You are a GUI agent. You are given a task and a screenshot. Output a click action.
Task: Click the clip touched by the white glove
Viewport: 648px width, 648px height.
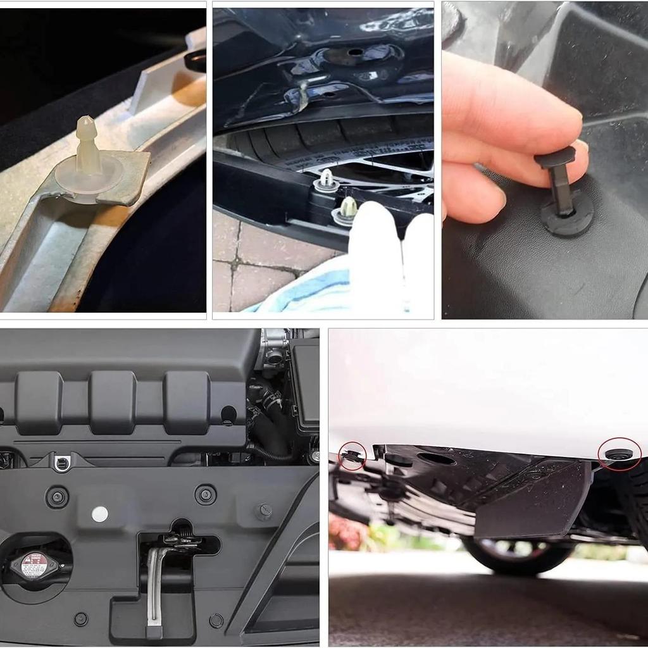[x=348, y=208]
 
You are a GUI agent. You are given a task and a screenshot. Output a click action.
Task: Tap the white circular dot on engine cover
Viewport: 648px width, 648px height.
[x=100, y=514]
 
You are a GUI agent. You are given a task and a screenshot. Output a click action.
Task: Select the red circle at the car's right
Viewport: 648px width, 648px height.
[x=620, y=453]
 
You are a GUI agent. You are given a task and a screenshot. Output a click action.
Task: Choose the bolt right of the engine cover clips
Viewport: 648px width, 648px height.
[x=263, y=510]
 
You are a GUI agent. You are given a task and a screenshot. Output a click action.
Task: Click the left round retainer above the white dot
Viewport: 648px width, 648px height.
[x=57, y=497]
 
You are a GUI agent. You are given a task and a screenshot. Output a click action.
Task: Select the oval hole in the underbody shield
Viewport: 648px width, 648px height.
[x=437, y=459]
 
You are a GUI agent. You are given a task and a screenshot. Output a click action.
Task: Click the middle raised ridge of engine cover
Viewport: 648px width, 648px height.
[x=113, y=402]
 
